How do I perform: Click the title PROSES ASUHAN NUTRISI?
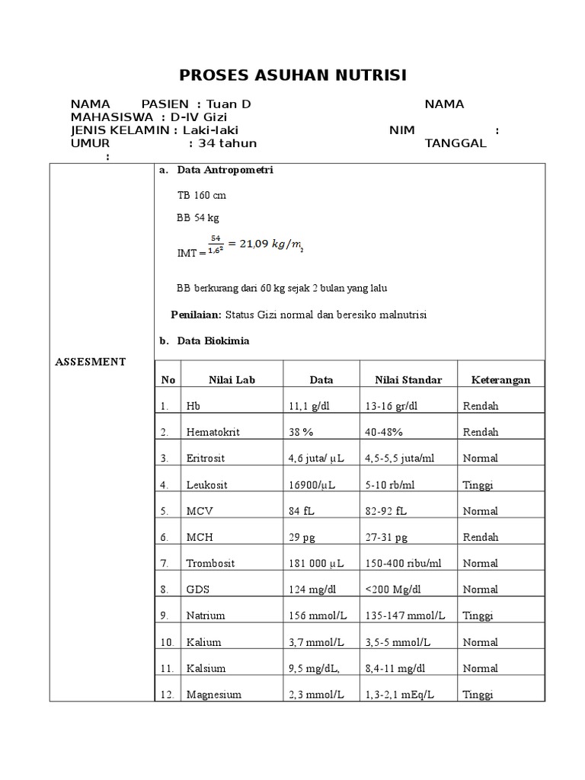(292, 75)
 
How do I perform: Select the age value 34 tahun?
(227, 143)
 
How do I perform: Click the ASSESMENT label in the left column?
(90, 362)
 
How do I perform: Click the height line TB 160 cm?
(201, 195)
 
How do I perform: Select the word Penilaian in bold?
(196, 315)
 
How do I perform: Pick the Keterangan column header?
(500, 379)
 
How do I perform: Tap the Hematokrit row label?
(213, 432)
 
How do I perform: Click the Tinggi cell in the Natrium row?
(478, 615)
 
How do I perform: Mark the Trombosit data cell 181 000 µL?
(317, 564)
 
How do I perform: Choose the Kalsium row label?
(206, 669)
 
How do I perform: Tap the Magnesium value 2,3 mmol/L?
(316, 695)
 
